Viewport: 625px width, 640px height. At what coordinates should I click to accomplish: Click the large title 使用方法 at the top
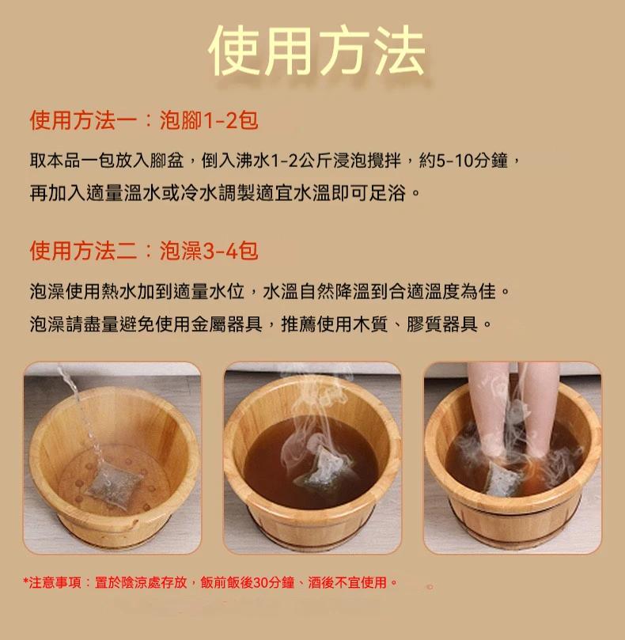click(x=316, y=51)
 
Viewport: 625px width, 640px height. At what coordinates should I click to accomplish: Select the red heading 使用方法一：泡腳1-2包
click(x=144, y=120)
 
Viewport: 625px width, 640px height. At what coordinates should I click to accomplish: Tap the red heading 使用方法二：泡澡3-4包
click(x=144, y=250)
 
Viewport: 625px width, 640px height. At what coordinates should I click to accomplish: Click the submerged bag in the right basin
click(x=504, y=479)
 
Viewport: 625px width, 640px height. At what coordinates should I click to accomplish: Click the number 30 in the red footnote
click(x=261, y=582)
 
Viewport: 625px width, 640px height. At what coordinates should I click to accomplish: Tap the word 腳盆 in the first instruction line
click(x=167, y=161)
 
